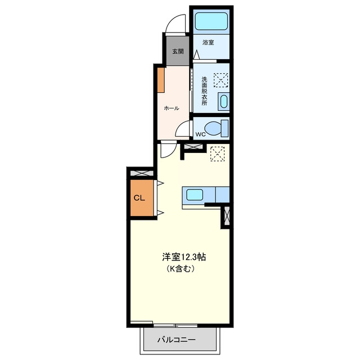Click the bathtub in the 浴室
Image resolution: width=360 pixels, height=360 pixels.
[211, 21]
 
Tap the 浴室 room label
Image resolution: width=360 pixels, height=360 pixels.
[208, 43]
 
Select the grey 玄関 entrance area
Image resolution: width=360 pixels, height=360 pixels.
[178, 51]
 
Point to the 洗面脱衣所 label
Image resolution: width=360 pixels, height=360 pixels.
[204, 91]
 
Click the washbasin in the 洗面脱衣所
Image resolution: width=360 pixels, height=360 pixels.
[224, 101]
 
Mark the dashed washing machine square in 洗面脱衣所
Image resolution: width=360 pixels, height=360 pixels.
[220, 80]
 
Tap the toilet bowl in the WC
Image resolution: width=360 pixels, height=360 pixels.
[213, 128]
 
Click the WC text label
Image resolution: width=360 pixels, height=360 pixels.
[200, 134]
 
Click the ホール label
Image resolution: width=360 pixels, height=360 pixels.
[172, 108]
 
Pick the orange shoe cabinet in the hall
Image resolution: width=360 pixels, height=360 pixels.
[161, 80]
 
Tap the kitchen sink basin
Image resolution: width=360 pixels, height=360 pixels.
[195, 195]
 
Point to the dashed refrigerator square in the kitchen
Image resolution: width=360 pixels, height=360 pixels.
[218, 154]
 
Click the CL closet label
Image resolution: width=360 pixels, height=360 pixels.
[139, 198]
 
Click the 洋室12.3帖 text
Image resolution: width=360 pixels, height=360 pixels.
[184, 257]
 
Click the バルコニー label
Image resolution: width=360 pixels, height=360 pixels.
[177, 340]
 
